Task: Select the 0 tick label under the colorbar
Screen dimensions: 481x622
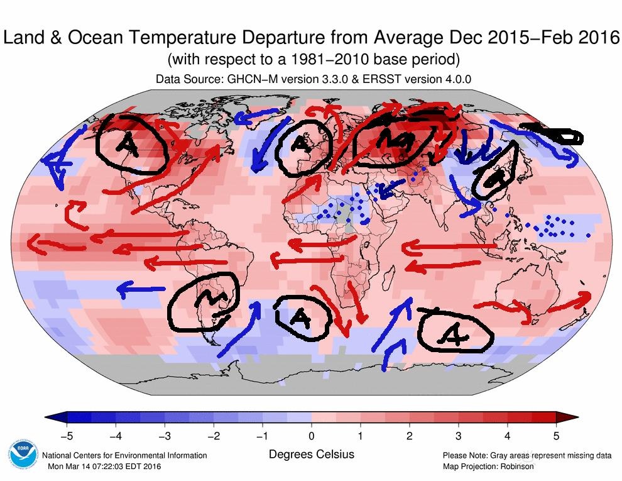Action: coord(311,434)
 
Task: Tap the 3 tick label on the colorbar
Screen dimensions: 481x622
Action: coord(458,434)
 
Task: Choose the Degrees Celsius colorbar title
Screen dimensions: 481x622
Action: coord(311,454)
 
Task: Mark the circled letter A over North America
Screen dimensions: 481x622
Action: coord(130,143)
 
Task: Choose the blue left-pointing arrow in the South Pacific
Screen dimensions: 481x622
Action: coord(139,289)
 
